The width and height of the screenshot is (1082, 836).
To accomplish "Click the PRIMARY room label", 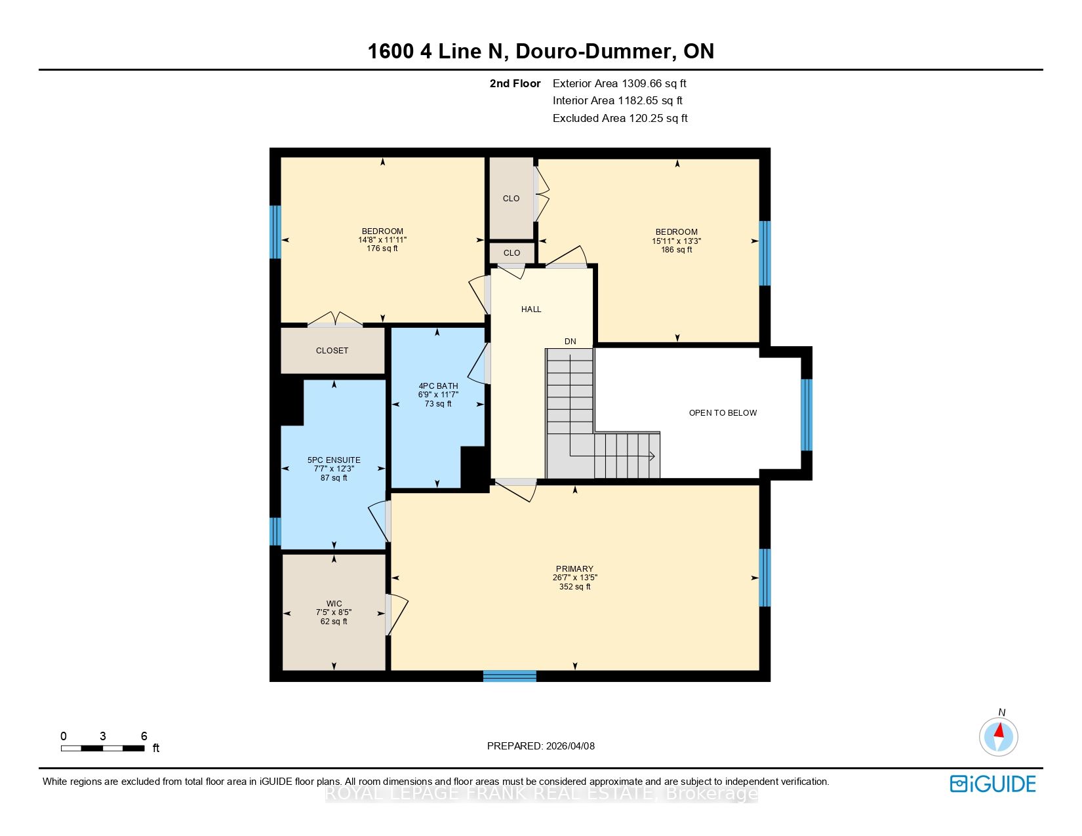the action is click(x=574, y=568).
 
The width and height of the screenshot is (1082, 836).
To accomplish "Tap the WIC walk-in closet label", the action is click(x=334, y=603).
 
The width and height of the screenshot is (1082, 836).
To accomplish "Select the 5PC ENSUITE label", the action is click(x=334, y=460).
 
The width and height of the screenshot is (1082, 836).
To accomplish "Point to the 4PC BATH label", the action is click(x=438, y=386).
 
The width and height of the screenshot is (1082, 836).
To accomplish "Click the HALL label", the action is click(x=531, y=309).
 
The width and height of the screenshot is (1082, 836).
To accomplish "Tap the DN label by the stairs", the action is click(x=570, y=342).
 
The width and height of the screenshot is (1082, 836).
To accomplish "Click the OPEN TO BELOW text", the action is click(x=723, y=413).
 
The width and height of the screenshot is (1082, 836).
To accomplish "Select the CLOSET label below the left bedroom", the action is click(x=332, y=351).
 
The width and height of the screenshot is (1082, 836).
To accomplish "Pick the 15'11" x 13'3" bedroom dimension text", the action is click(x=676, y=241).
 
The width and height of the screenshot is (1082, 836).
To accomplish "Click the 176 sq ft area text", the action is click(x=382, y=249).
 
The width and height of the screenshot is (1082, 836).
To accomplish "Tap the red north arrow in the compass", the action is click(x=999, y=730).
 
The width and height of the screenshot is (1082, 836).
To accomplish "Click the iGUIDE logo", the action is click(x=993, y=784).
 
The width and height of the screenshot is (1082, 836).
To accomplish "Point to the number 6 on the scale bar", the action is click(x=144, y=736).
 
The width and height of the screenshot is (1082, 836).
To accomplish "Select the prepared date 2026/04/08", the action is click(x=571, y=746).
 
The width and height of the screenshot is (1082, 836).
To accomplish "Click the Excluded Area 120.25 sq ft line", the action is click(x=620, y=118).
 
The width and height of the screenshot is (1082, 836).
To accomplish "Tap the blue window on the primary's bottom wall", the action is click(x=510, y=676).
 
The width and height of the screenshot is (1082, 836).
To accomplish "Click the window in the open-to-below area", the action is click(x=807, y=415).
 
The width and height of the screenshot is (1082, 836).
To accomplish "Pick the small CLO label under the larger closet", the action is click(x=512, y=253).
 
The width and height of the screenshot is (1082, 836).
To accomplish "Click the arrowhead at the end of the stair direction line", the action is click(x=652, y=456).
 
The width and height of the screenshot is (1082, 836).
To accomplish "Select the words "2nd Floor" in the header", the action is click(x=515, y=84).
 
